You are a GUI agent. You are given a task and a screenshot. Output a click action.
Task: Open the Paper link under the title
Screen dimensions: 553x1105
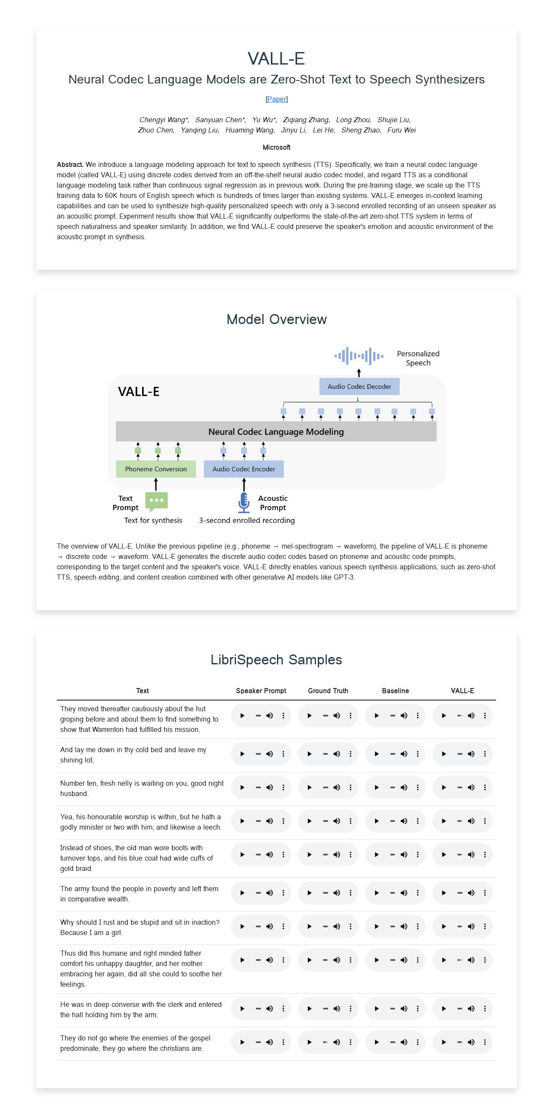click(276, 99)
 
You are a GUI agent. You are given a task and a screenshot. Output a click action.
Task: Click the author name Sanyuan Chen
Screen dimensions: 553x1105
click(220, 120)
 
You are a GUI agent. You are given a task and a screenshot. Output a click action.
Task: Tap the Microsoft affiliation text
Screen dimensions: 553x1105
click(276, 147)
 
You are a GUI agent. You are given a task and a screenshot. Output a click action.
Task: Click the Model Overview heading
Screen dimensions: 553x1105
click(276, 319)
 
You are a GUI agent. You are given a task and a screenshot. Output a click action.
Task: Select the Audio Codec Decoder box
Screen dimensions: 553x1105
click(359, 386)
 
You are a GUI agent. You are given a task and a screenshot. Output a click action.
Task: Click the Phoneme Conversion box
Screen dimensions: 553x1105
click(156, 469)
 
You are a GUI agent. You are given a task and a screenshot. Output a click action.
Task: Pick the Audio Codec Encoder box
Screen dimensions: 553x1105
click(244, 469)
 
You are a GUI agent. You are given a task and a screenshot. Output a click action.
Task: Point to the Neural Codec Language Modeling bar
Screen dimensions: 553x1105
click(276, 432)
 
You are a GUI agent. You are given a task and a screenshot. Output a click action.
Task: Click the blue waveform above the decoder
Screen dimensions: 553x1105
click(359, 356)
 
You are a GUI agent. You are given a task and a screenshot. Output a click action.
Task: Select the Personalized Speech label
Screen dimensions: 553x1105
click(418, 358)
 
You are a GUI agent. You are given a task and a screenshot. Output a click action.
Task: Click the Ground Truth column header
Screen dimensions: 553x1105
click(328, 691)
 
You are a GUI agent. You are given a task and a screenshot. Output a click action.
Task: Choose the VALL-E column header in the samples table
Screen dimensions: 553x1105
click(463, 691)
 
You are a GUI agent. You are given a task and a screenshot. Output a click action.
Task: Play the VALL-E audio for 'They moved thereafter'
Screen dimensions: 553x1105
click(444, 716)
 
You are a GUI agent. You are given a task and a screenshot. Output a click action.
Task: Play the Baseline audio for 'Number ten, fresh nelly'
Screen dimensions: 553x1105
click(377, 787)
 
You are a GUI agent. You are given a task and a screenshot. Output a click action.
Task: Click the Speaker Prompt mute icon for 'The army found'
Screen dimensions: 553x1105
click(270, 893)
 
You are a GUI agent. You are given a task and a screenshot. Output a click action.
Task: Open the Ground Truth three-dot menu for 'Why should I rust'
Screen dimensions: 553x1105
click(351, 926)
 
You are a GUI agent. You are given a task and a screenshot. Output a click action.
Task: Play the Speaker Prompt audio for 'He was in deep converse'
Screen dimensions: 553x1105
click(242, 1009)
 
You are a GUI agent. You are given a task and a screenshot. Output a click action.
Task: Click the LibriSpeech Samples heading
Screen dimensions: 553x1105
click(276, 660)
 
